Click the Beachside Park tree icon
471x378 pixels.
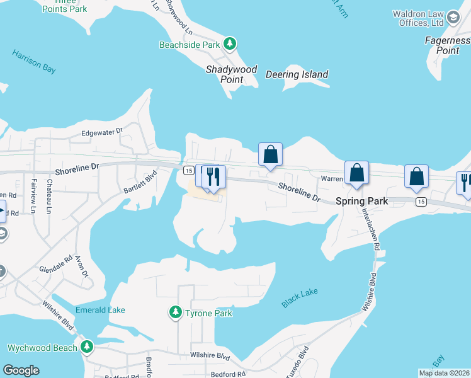[231, 43]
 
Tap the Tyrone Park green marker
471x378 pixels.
[176, 312]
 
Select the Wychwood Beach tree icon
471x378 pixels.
[86, 346]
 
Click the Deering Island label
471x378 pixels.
[297, 74]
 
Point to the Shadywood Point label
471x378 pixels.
[232, 74]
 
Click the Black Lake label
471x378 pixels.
[300, 298]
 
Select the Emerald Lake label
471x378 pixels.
[100, 310]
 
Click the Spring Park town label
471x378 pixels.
[361, 201]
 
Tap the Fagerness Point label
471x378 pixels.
[447, 45]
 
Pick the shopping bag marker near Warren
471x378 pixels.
[356, 173]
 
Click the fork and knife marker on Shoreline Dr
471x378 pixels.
[213, 177]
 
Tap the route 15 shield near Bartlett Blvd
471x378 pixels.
[188, 170]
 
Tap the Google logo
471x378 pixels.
[21, 370]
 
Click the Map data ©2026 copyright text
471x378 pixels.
[443, 373]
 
